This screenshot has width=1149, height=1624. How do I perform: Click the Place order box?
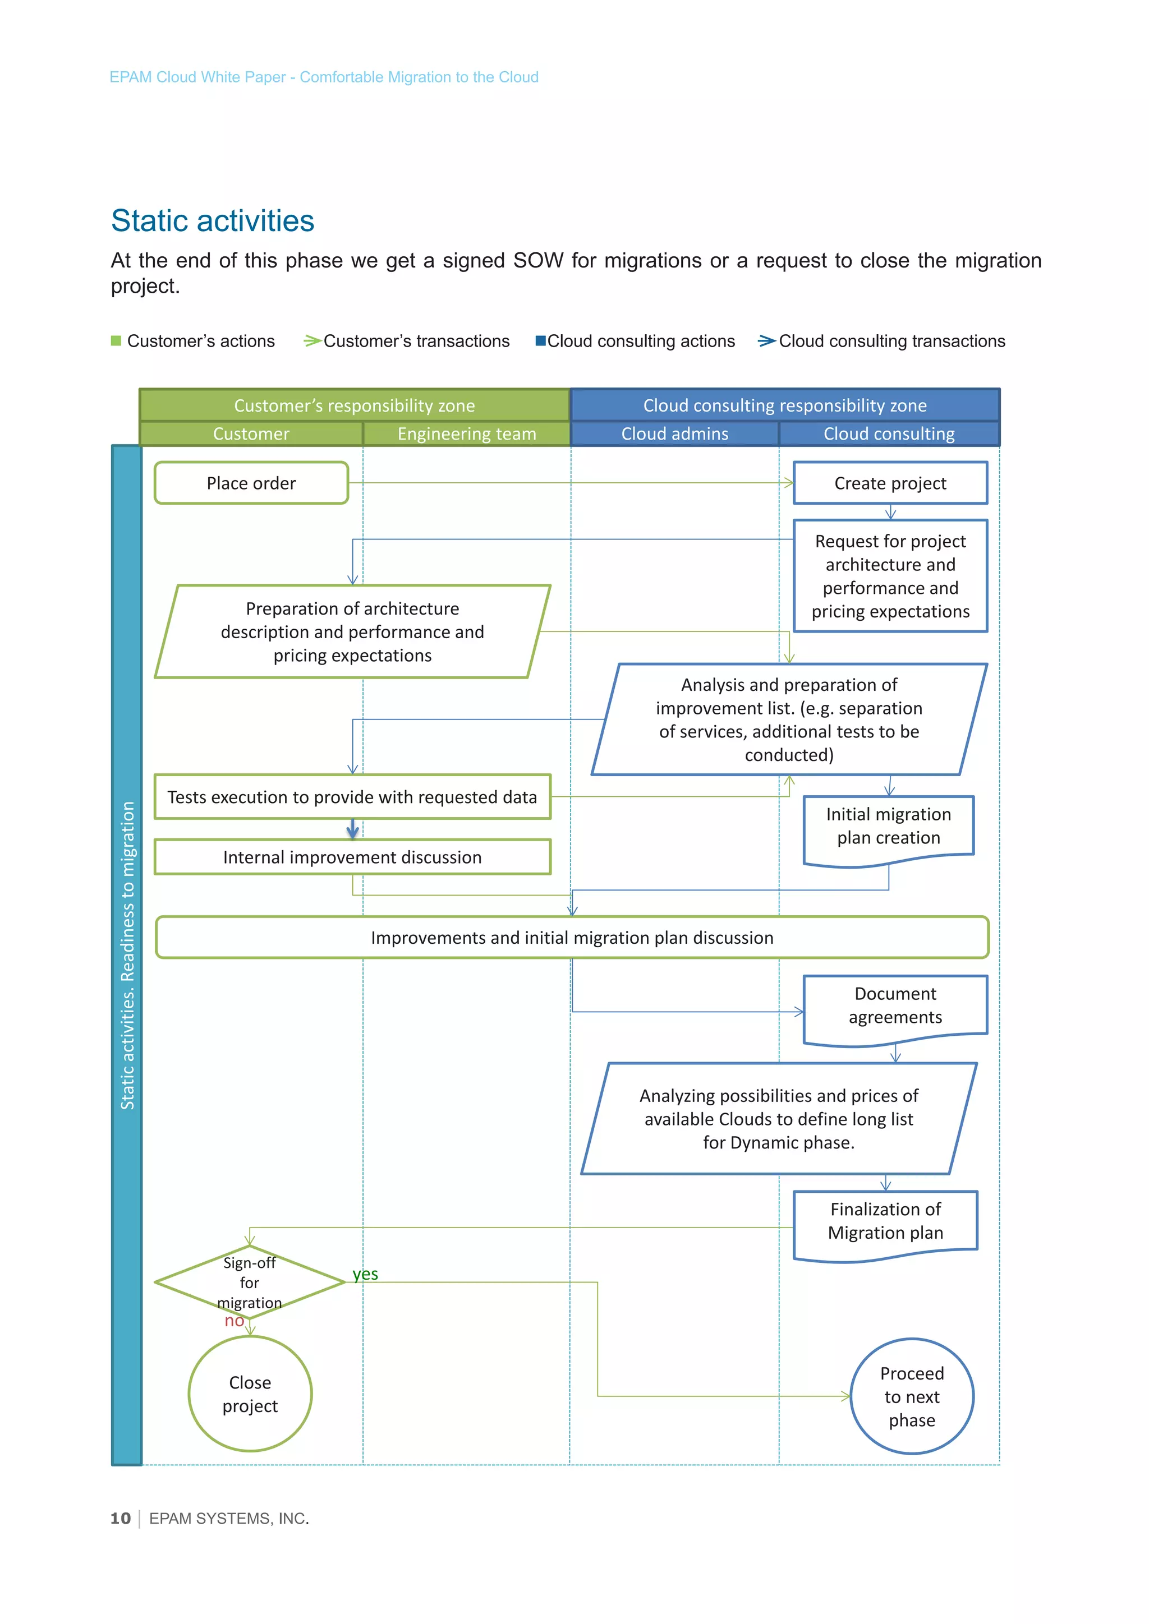tap(251, 483)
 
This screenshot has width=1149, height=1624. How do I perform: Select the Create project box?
tap(890, 483)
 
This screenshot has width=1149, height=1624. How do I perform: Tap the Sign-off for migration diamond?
tap(249, 1282)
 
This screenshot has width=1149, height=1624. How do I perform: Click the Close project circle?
tap(250, 1394)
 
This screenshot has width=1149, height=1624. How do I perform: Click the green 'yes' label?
tap(365, 1274)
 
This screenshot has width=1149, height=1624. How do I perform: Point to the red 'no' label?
tap(234, 1321)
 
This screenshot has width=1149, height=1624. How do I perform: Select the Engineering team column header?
tap(466, 433)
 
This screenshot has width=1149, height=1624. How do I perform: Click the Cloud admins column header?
tap(674, 433)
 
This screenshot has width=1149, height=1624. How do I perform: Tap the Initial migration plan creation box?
tap(889, 826)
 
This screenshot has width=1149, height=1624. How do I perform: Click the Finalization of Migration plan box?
tap(885, 1221)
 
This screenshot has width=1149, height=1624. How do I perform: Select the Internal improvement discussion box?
tap(352, 857)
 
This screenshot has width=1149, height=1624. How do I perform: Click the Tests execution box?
tap(352, 797)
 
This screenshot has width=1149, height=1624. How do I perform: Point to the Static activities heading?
tap(212, 221)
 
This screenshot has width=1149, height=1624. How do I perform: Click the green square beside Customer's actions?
tap(116, 341)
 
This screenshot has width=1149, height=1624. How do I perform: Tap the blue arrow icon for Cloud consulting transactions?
tap(766, 341)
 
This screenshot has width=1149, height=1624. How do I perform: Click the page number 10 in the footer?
tap(120, 1519)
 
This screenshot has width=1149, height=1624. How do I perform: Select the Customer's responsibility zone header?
tap(355, 405)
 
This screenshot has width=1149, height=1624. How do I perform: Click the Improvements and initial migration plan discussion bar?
tap(572, 938)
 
